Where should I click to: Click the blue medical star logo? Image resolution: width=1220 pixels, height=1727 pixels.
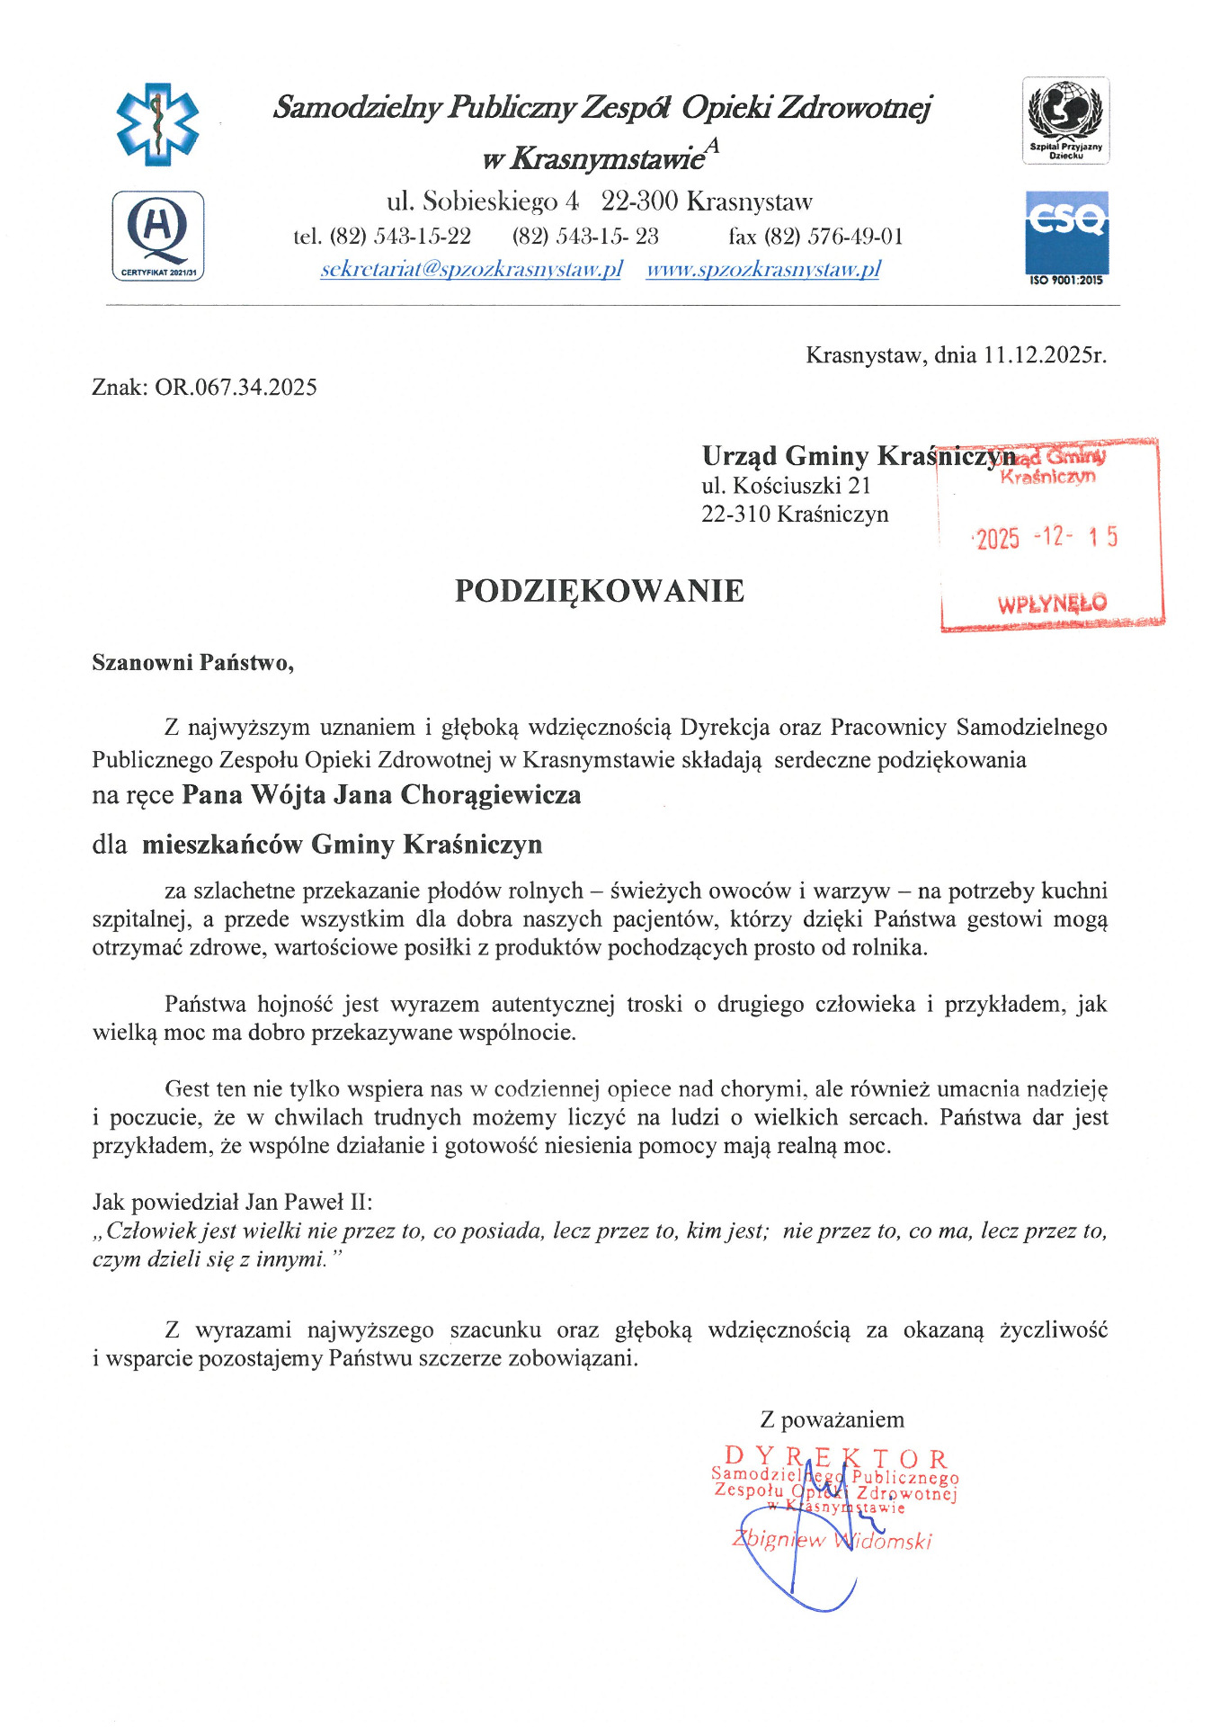point(157,124)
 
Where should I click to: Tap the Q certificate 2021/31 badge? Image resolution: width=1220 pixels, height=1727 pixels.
point(157,236)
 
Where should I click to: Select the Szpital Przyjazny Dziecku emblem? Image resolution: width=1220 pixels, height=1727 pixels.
point(1065,121)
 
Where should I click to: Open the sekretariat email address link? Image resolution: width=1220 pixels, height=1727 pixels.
point(471,269)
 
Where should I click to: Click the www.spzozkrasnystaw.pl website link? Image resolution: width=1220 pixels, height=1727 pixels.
point(762,269)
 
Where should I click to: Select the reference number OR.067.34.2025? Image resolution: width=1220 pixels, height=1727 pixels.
point(236,388)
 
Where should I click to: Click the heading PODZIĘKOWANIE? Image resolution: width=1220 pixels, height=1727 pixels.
point(599,591)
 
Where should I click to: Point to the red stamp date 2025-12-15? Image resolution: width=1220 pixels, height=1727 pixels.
point(1046,538)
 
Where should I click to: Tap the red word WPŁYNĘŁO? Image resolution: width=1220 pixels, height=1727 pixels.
point(1052,604)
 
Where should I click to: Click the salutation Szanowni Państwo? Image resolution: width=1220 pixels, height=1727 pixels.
point(192,663)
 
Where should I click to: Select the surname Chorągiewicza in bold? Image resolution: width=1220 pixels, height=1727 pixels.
point(490,795)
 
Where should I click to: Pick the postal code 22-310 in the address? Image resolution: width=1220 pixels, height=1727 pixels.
point(736,515)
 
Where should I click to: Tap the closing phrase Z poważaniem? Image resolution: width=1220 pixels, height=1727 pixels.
point(832,1419)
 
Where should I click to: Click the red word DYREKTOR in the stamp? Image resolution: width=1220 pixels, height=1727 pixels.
point(835,1456)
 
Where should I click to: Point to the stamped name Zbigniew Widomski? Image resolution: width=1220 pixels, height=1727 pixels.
point(832,1539)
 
